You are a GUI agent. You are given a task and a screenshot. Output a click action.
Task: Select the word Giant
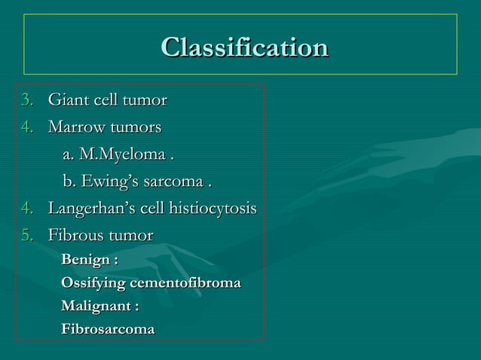[x=66, y=100]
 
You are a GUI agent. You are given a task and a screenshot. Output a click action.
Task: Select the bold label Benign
[x=87, y=260]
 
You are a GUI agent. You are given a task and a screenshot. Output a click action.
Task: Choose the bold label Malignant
[x=98, y=307]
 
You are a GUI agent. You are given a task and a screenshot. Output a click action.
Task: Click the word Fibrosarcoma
[x=108, y=330]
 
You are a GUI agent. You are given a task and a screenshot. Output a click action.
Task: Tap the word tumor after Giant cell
[x=146, y=100]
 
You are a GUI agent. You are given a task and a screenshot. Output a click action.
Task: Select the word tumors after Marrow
[x=136, y=127]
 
